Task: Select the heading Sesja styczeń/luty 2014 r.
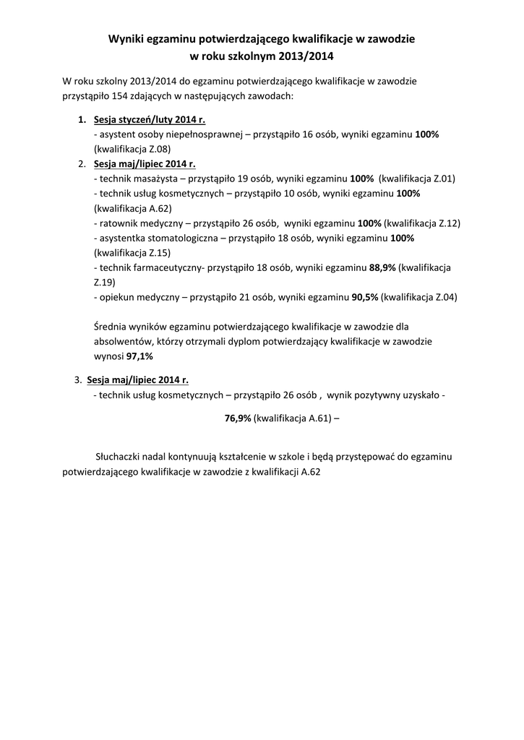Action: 150,120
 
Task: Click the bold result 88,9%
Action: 382,267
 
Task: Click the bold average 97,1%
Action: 139,356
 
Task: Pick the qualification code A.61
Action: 319,418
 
